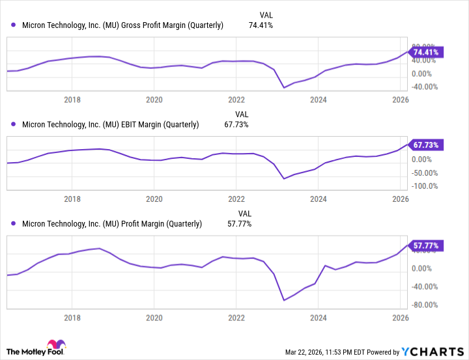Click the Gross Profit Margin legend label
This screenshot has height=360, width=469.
[x=123, y=25]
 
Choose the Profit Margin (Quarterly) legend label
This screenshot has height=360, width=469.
[x=112, y=223]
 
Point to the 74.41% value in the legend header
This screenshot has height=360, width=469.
[x=261, y=25]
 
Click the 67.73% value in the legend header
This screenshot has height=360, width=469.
[x=236, y=124]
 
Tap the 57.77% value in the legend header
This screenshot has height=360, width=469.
[x=239, y=223]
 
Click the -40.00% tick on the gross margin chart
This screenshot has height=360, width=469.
[x=425, y=87]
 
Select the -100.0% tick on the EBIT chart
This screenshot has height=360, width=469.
[x=425, y=186]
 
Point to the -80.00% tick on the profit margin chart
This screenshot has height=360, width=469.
[x=425, y=305]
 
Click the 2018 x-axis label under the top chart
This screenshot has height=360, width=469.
[x=72, y=100]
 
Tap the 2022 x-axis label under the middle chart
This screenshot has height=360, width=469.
[x=236, y=199]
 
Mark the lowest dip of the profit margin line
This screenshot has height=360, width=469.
[x=284, y=300]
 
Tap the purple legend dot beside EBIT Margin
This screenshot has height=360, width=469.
[x=14, y=124]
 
